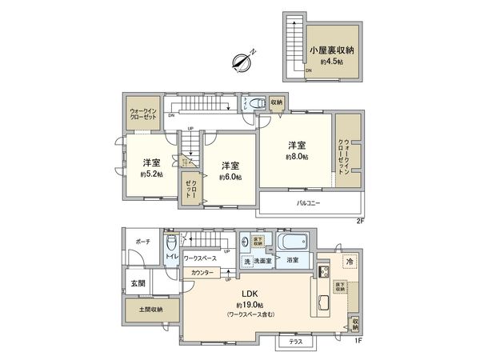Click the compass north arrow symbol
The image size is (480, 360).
pyautogui.click(x=242, y=60)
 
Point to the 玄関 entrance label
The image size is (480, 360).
pyautogui.click(x=138, y=282)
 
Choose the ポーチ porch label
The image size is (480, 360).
pyautogui.click(x=143, y=241)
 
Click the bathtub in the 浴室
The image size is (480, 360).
pyautogui.click(x=293, y=242)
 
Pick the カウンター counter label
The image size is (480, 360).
pyautogui.click(x=202, y=273)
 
